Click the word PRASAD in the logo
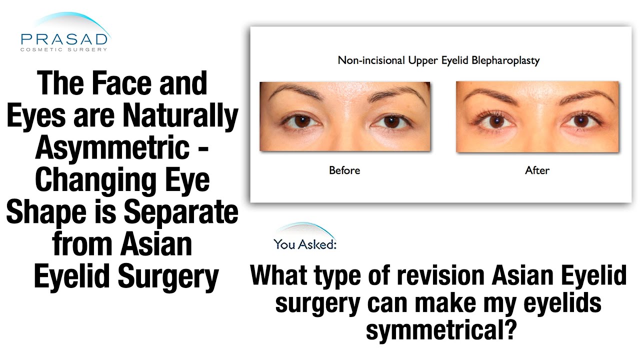pyautogui.click(x=64, y=38)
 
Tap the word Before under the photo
pyautogui.click(x=344, y=170)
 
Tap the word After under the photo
pyautogui.click(x=537, y=170)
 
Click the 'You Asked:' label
pyautogui.click(x=305, y=244)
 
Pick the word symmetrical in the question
pyautogui.click(x=440, y=330)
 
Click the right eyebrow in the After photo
pyautogui.click(x=585, y=95)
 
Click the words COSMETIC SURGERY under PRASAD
pyautogui.click(x=64, y=49)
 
